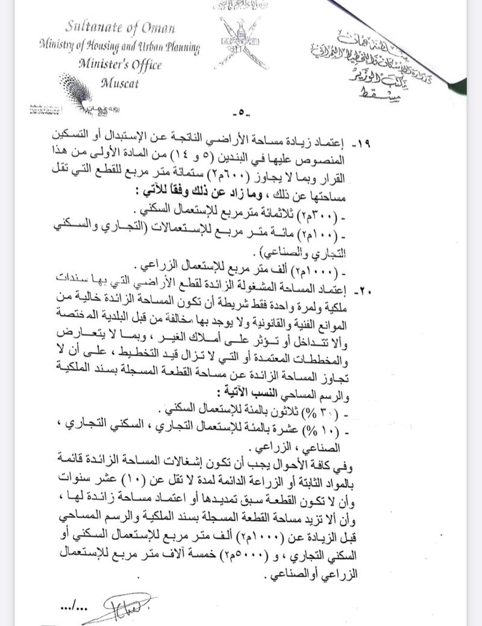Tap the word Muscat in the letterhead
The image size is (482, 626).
pos(120,83)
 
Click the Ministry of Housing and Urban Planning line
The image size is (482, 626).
pos(119,46)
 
